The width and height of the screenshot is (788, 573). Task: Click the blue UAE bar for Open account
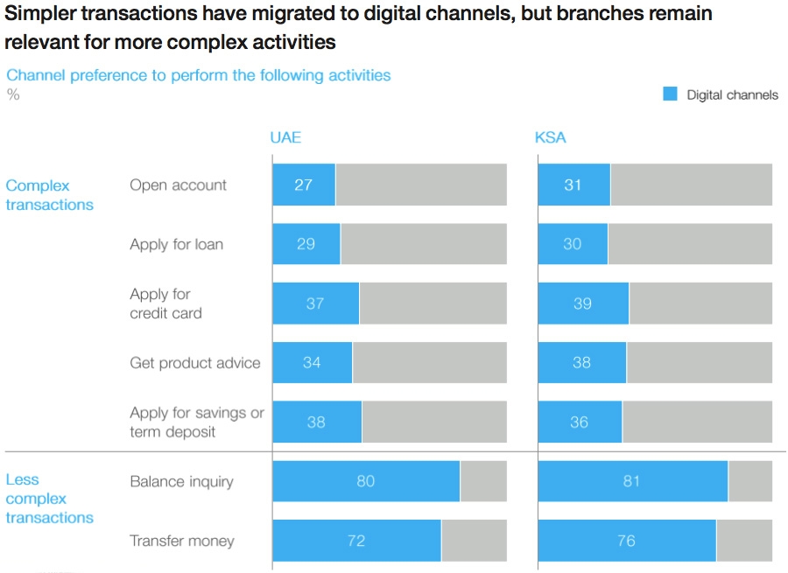pyautogui.click(x=304, y=185)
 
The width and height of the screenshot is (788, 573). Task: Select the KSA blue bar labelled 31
pyautogui.click(x=574, y=185)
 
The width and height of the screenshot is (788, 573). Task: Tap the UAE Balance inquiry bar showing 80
pyautogui.click(x=366, y=481)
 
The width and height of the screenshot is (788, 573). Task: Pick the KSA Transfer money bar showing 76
pyautogui.click(x=627, y=541)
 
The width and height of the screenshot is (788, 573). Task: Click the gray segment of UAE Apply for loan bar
pyautogui.click(x=424, y=243)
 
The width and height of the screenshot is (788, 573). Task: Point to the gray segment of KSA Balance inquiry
pyautogui.click(x=750, y=481)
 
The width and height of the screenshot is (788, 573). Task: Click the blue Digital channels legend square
pyautogui.click(x=670, y=94)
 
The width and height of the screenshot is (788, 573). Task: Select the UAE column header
pyautogui.click(x=285, y=137)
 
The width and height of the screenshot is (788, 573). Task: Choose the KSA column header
pyautogui.click(x=551, y=137)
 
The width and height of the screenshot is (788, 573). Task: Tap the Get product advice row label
pyautogui.click(x=195, y=362)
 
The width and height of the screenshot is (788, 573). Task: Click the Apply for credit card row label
pyautogui.click(x=165, y=304)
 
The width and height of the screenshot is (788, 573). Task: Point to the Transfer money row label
pyautogui.click(x=182, y=541)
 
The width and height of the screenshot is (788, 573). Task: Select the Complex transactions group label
pyautogui.click(x=49, y=195)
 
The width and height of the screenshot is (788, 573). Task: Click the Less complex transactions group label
pyautogui.click(x=49, y=498)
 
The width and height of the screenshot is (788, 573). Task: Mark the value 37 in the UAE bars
pyautogui.click(x=315, y=304)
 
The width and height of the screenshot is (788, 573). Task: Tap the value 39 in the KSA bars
pyautogui.click(x=582, y=304)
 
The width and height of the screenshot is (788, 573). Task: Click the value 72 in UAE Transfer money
pyautogui.click(x=356, y=541)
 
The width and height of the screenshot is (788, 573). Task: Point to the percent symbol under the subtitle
pyautogui.click(x=13, y=94)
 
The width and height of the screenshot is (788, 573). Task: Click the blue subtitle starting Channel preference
pyautogui.click(x=199, y=75)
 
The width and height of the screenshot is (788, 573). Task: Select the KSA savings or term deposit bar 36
pyautogui.click(x=580, y=422)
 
